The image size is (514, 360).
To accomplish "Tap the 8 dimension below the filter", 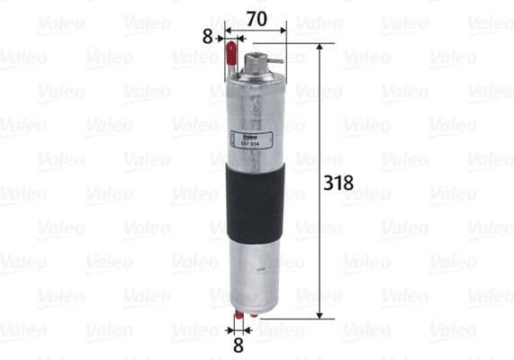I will click(238, 343).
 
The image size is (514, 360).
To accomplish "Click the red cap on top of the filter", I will click(233, 56).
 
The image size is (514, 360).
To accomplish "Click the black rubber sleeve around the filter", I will click(256, 202).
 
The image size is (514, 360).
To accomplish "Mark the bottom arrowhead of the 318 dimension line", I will click(319, 314).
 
